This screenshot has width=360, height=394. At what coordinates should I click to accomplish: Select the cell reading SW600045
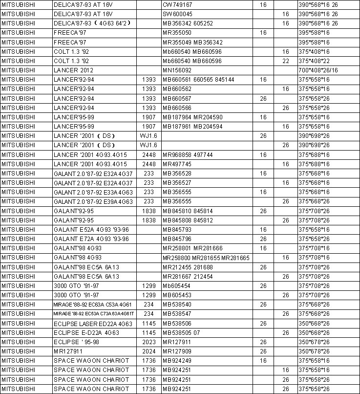177,14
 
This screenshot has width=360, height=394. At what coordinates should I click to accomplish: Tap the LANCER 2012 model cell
72,70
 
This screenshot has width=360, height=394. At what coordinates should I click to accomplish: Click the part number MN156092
177,70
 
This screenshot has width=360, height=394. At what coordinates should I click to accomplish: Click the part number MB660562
177,89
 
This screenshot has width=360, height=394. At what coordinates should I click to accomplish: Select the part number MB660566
177,108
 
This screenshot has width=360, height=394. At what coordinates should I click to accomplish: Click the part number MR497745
177,164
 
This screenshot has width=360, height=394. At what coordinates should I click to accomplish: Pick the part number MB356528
177,174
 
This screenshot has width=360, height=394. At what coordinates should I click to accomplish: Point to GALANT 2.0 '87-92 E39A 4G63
93,202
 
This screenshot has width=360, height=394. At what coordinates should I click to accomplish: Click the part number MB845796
177,239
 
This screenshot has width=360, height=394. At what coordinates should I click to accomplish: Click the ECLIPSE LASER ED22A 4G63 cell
93,324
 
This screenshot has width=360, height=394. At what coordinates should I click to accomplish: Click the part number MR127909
177,351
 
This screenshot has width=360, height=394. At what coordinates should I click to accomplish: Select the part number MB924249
177,361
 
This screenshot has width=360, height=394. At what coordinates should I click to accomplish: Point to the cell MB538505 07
181,333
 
